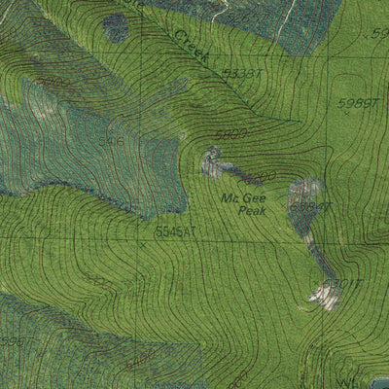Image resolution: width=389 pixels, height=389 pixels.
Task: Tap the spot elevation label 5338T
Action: pyautogui.click(x=241, y=74)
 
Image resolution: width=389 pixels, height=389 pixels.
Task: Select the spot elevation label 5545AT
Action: pyautogui.click(x=175, y=231)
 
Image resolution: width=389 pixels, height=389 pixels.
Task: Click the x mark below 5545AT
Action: pyautogui.click(x=142, y=245)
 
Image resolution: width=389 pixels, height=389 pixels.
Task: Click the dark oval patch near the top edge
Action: pyautogui.click(x=116, y=28)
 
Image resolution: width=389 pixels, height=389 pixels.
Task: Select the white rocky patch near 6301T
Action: pyautogui.click(x=325, y=296)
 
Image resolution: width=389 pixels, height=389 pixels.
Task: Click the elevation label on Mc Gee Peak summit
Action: pyautogui.click(x=313, y=206)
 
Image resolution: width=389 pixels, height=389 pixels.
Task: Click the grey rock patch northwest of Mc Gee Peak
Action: pyautogui.click(x=211, y=161)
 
